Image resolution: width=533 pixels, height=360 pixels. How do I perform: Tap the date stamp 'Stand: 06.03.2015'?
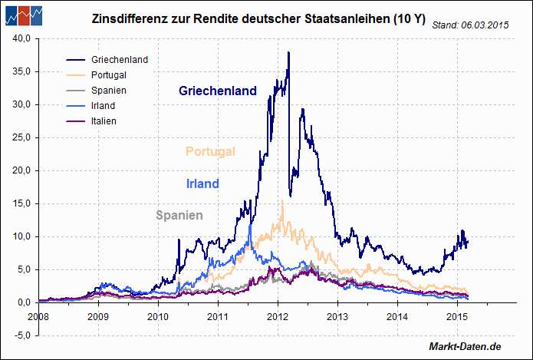470,25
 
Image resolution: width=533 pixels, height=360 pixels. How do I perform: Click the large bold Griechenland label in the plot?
218,91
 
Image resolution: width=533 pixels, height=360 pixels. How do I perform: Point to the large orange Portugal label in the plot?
210,151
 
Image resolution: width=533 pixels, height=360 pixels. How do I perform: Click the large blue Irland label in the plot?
202,183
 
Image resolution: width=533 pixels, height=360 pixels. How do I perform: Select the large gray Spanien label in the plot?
179,215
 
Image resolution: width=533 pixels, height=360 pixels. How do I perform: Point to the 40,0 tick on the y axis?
21,38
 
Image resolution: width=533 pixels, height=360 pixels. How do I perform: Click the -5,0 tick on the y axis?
21,335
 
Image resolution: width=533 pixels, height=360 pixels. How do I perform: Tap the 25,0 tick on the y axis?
21,137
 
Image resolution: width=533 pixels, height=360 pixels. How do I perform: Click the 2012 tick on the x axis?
278,315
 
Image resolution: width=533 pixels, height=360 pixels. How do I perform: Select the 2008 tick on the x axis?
38,315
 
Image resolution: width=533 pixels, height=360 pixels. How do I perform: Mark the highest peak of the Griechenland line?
288,52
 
